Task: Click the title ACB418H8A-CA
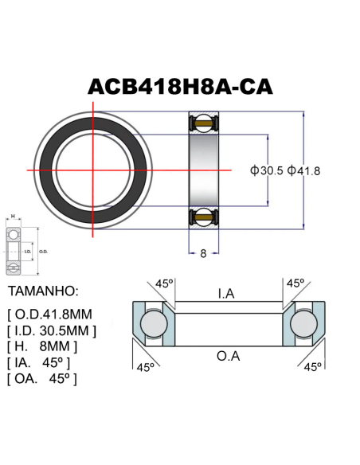click(x=181, y=87)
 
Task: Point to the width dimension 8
click(x=204, y=253)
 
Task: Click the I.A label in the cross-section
click(x=226, y=294)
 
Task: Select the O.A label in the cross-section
click(x=228, y=355)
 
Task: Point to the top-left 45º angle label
click(x=164, y=283)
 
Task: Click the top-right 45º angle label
click(x=295, y=283)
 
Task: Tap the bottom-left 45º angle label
click(x=145, y=367)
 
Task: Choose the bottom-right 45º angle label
click(x=313, y=367)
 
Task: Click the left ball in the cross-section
click(x=152, y=324)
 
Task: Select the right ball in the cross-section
click(x=305, y=324)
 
